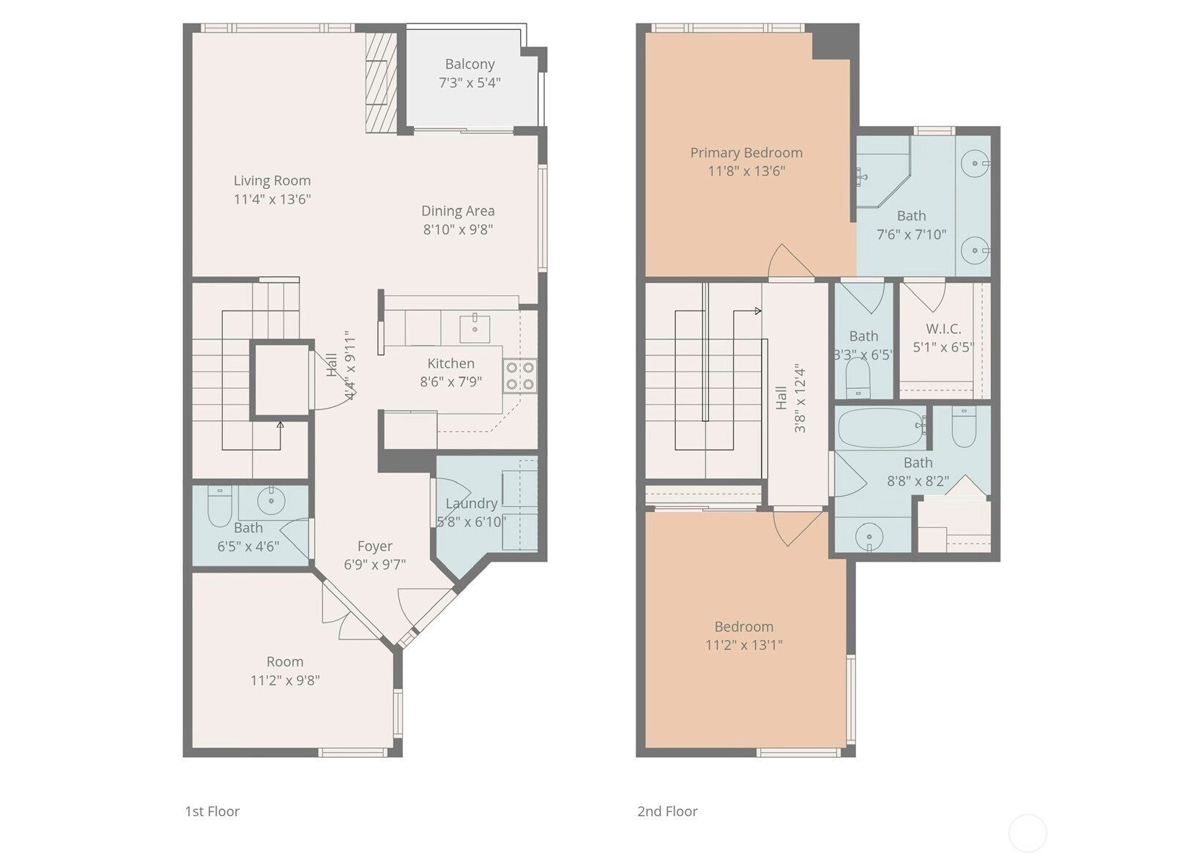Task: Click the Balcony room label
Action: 469,64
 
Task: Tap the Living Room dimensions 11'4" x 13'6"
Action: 272,199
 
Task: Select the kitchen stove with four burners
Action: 520,376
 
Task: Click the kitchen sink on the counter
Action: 475,327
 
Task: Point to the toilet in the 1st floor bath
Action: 220,505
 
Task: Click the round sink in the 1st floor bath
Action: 271,501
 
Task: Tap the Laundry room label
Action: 471,504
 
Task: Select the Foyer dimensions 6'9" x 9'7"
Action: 374,565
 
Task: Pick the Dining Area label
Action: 458,211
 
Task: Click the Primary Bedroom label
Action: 746,153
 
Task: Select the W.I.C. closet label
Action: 943,329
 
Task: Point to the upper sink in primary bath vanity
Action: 975,163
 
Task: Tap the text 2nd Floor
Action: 667,811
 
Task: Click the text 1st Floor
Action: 212,811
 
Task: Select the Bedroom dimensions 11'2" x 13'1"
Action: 743,645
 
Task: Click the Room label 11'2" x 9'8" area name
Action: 285,662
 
